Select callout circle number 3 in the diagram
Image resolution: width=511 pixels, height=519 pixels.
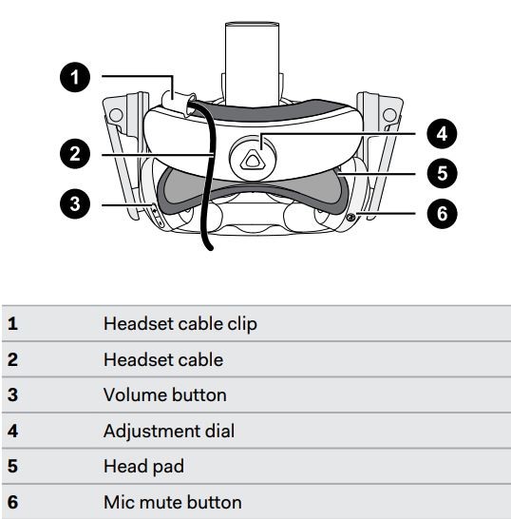click(x=75, y=202)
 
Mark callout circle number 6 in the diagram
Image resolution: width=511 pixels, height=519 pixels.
click(x=440, y=214)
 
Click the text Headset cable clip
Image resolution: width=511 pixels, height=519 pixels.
click(x=180, y=324)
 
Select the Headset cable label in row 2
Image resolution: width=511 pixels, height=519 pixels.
click(x=163, y=359)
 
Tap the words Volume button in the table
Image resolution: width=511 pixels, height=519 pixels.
click(x=164, y=394)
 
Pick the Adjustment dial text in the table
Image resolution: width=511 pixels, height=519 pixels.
click(x=168, y=431)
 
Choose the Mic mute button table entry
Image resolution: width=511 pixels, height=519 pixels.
click(x=172, y=501)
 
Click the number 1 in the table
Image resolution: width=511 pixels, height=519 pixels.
click(x=12, y=324)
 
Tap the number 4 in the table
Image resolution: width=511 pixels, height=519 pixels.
click(x=12, y=431)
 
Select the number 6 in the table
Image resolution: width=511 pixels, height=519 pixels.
click(x=12, y=501)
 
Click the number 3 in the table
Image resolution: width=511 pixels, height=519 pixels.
click(x=12, y=394)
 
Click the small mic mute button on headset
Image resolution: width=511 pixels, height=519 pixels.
click(x=351, y=218)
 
